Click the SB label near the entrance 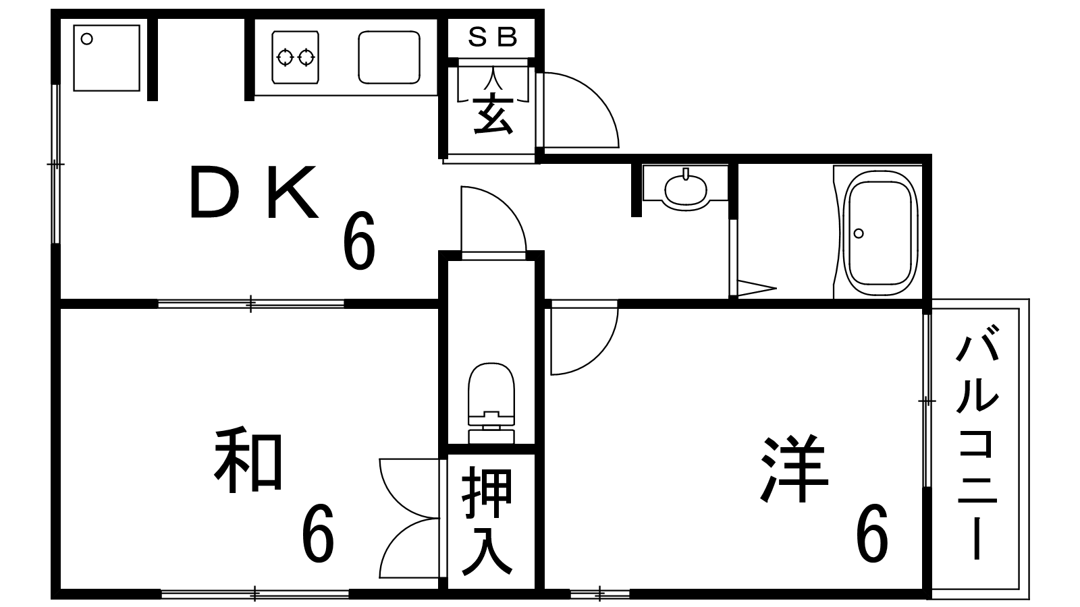click(x=492, y=38)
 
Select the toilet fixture click(x=491, y=402)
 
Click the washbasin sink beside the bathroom click(x=686, y=187)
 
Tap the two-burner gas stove click(x=296, y=58)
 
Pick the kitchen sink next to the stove click(x=388, y=57)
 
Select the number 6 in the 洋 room click(x=871, y=534)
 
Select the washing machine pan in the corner click(x=106, y=58)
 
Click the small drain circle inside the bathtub click(x=858, y=233)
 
